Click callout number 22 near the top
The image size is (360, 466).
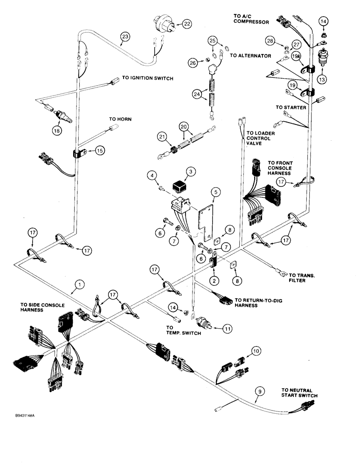click(x=187, y=23)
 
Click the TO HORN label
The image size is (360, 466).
click(x=121, y=119)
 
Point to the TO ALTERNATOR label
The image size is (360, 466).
click(x=250, y=55)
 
